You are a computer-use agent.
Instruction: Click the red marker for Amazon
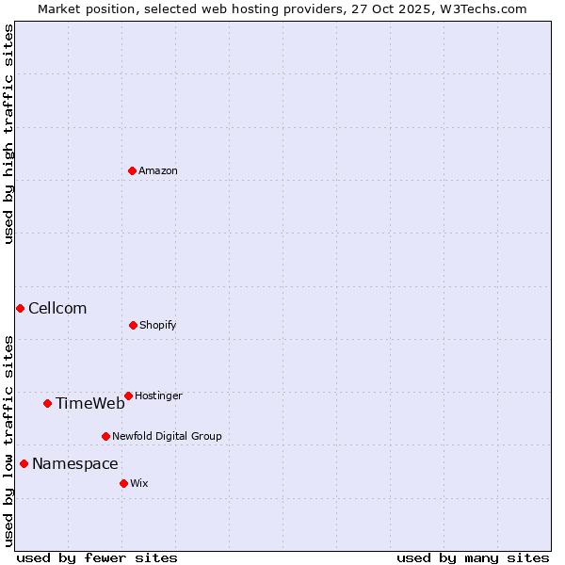(132, 170)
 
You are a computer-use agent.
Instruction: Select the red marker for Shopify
(133, 325)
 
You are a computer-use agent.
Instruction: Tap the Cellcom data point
(20, 308)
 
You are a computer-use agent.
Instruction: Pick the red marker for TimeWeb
(47, 403)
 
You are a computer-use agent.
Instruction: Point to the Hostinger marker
(128, 395)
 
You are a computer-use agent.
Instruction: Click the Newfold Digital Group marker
(105, 436)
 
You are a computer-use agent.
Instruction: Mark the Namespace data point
(24, 463)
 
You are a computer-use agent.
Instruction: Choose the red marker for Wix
(123, 483)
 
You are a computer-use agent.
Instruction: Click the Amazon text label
(158, 170)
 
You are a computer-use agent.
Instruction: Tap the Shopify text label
(158, 325)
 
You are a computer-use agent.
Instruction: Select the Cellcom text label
(57, 308)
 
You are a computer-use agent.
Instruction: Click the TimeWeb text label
(89, 403)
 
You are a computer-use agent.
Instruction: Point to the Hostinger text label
(158, 395)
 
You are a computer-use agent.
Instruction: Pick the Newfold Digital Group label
(167, 436)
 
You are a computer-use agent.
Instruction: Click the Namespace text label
(75, 463)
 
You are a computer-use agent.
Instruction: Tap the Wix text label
(139, 483)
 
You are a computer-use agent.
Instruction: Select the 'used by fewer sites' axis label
(97, 557)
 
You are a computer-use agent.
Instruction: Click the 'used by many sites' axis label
(473, 557)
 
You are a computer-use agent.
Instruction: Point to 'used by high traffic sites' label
(8, 134)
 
